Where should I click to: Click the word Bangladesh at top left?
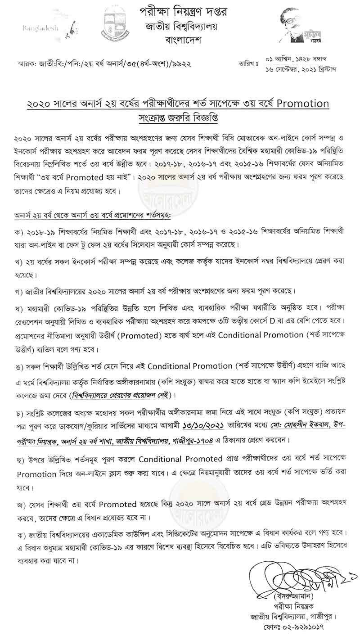(40, 28)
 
